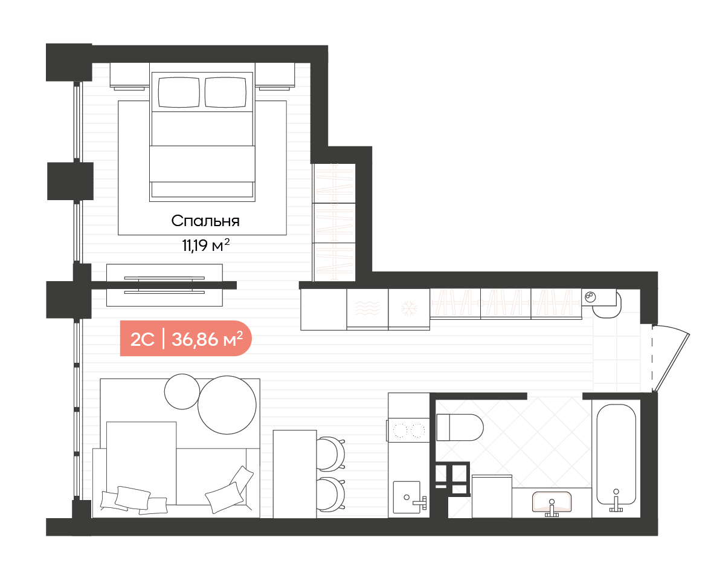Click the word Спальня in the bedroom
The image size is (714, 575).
(205, 221)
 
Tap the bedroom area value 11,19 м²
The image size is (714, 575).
(205, 245)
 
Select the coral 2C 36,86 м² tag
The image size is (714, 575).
(186, 339)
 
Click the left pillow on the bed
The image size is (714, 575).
(179, 92)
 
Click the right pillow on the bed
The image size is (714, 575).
(226, 92)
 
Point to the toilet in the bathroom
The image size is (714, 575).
(460, 427)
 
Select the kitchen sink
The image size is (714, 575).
(406, 496)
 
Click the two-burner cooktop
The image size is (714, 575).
(408, 430)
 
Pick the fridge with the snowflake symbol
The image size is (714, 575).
(409, 309)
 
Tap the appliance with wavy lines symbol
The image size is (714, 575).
(367, 309)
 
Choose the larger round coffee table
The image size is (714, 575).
(227, 404)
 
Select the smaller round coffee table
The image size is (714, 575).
(182, 391)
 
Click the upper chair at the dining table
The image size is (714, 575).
(330, 453)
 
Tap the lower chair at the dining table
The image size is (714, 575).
(330, 495)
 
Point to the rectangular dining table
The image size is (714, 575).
(295, 474)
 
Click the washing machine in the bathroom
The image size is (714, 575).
(492, 496)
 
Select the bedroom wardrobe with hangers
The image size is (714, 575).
(334, 222)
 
